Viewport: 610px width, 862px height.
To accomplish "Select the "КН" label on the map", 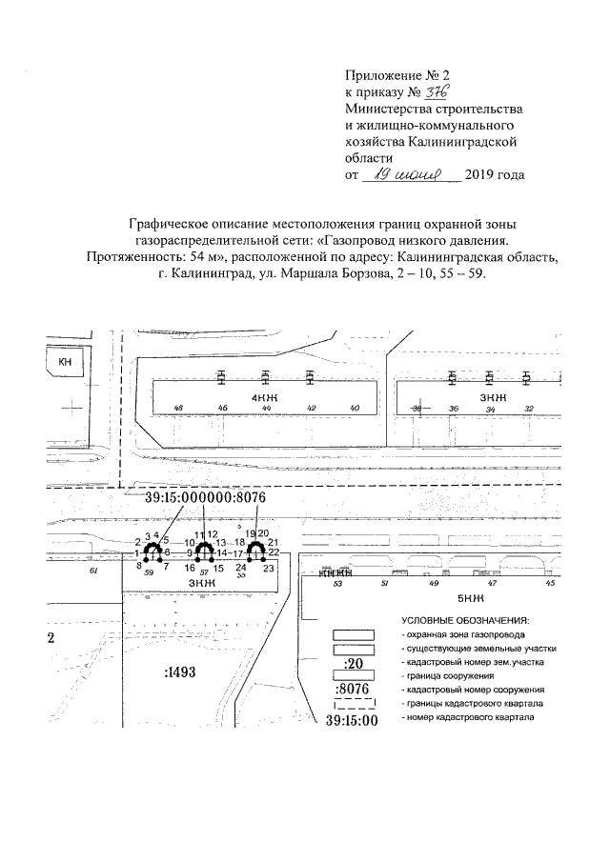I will coord(65,363).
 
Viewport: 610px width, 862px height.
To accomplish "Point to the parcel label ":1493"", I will coord(179,672).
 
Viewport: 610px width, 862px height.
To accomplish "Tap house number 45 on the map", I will coord(550,582).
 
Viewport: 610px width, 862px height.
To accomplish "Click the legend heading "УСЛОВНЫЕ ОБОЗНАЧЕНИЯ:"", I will coord(465,620).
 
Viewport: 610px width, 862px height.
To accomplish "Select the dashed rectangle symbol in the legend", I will coord(353,705).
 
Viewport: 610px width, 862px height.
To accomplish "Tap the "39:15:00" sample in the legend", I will coord(353,720).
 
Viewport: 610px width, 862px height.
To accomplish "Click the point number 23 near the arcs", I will coord(269,568).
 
